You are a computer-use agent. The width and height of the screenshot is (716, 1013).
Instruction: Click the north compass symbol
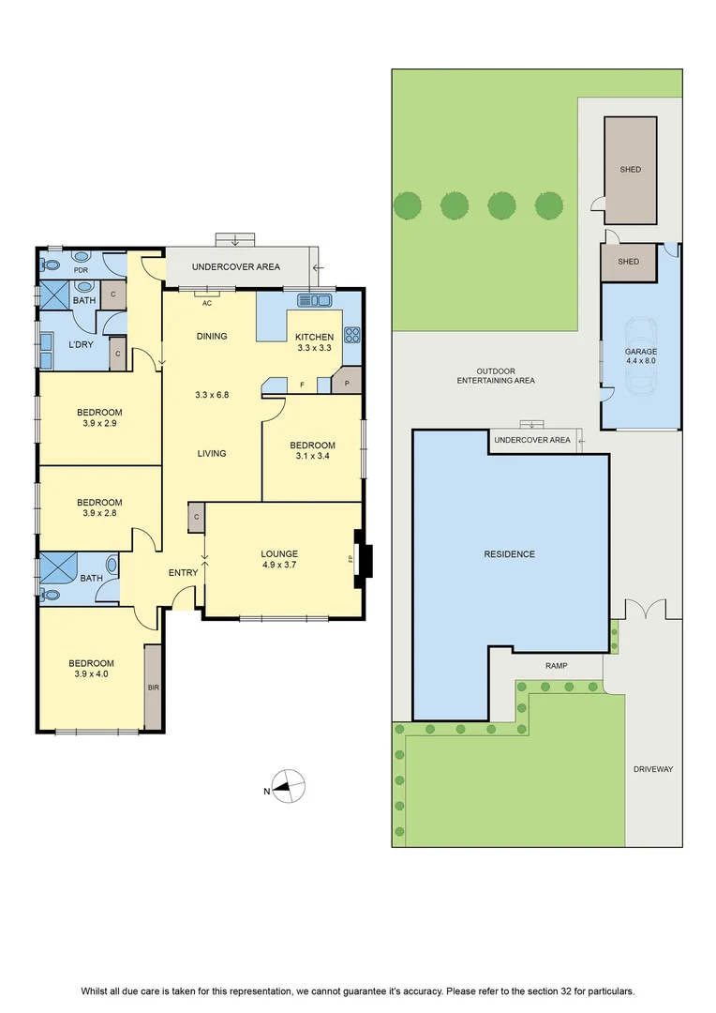tap(288, 787)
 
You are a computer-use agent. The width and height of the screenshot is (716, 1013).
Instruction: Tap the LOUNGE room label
tap(279, 553)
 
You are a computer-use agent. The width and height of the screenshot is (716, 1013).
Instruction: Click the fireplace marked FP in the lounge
tap(363, 559)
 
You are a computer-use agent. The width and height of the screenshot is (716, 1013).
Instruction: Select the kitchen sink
tap(314, 300)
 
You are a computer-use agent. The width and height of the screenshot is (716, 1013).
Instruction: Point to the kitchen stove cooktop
tap(351, 335)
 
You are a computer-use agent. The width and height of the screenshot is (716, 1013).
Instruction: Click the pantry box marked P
tap(347, 383)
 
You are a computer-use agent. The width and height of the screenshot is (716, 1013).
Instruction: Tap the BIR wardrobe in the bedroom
tap(153, 688)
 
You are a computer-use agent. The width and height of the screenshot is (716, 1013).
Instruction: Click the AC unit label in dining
tap(207, 303)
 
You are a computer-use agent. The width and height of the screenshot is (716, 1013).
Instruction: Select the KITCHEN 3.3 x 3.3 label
tap(314, 341)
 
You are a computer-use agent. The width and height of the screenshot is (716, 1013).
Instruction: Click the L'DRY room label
tap(81, 344)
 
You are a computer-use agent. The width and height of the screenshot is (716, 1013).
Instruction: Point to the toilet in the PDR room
tap(50, 265)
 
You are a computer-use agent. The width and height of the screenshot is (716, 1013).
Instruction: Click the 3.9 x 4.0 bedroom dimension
tap(91, 673)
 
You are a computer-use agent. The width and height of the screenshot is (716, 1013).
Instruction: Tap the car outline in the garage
tap(640, 355)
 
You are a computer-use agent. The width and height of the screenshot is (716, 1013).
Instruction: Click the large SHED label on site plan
tap(630, 169)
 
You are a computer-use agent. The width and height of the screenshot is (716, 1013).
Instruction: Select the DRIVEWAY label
tap(652, 769)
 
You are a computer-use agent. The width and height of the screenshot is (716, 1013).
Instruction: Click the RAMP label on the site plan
tap(557, 665)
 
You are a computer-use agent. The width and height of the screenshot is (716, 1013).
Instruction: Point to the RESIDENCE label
tap(510, 553)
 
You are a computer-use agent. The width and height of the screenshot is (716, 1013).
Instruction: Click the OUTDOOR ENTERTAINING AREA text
tap(496, 376)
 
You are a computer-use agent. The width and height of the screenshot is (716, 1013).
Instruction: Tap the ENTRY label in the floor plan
tap(184, 572)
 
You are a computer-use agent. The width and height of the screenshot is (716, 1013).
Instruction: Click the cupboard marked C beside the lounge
tap(196, 517)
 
